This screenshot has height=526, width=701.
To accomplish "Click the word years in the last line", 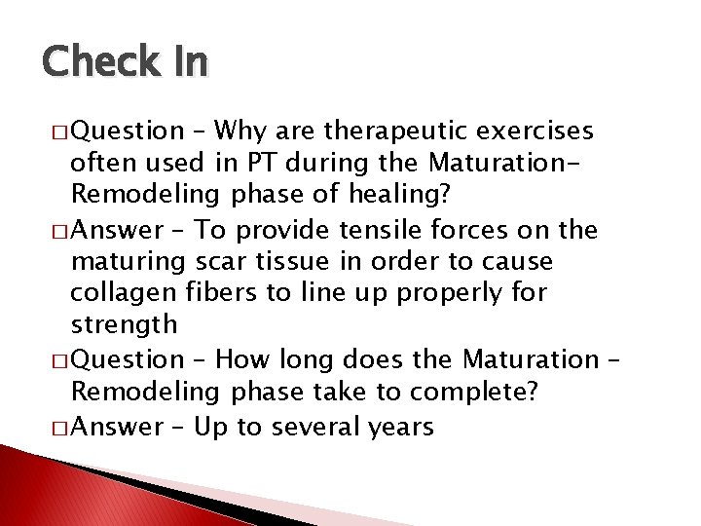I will pyautogui.click(x=401, y=426).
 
